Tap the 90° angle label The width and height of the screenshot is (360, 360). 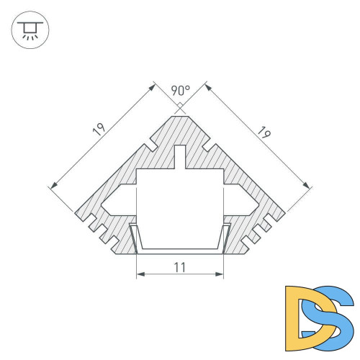pos(180,91)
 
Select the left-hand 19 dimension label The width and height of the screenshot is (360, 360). pos(98,130)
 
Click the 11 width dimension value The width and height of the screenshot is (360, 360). pos(180,266)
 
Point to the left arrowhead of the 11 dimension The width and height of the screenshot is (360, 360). pos(138,274)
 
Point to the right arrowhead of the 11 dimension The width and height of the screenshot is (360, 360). pos(222,274)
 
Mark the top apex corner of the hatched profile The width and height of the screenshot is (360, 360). pos(180,114)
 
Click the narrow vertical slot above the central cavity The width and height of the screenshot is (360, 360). pos(180,157)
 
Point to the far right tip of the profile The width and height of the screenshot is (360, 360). pos(285,213)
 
